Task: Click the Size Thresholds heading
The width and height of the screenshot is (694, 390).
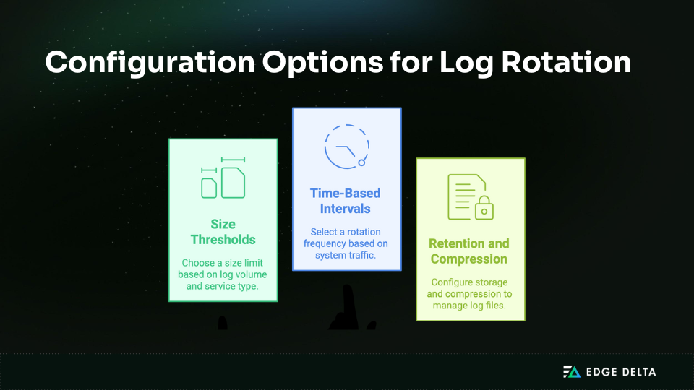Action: click(x=223, y=231)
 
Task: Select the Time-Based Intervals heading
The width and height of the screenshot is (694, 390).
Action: click(x=346, y=201)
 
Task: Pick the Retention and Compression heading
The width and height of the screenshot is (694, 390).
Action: click(x=469, y=251)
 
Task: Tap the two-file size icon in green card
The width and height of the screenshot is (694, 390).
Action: click(x=223, y=178)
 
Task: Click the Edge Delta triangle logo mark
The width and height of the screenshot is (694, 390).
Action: click(x=572, y=372)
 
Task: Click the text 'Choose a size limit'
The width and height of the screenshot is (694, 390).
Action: click(x=223, y=262)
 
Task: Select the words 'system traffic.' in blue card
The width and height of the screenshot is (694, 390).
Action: click(x=346, y=255)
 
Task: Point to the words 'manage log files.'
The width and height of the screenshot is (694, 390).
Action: click(x=469, y=305)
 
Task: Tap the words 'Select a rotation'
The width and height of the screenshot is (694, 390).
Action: click(x=346, y=232)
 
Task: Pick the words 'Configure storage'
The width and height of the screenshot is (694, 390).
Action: click(x=469, y=282)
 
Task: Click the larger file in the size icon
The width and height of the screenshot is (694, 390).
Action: click(x=233, y=182)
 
